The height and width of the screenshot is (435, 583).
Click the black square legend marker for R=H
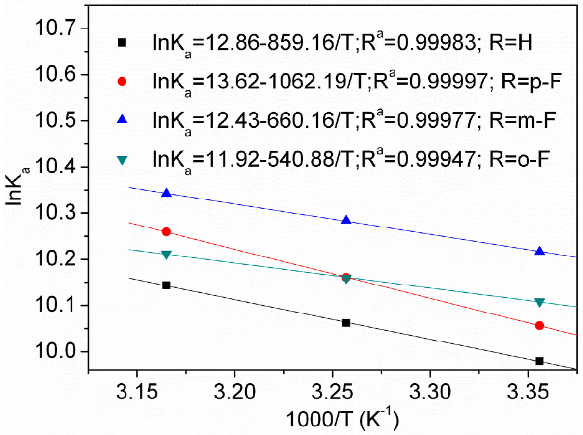122,42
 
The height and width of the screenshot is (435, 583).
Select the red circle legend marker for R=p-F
122,82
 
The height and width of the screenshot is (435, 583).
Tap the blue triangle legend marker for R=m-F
122,119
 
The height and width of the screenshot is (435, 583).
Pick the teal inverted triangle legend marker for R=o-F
122,160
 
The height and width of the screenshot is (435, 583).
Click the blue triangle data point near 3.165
167,193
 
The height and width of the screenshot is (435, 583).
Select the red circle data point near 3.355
539,326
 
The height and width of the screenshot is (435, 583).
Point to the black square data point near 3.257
346,323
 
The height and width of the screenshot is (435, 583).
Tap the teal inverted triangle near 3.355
539,302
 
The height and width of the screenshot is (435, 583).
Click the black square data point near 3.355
539,361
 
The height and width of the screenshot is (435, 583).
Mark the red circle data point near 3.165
166,232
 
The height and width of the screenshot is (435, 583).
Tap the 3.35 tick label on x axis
528,391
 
